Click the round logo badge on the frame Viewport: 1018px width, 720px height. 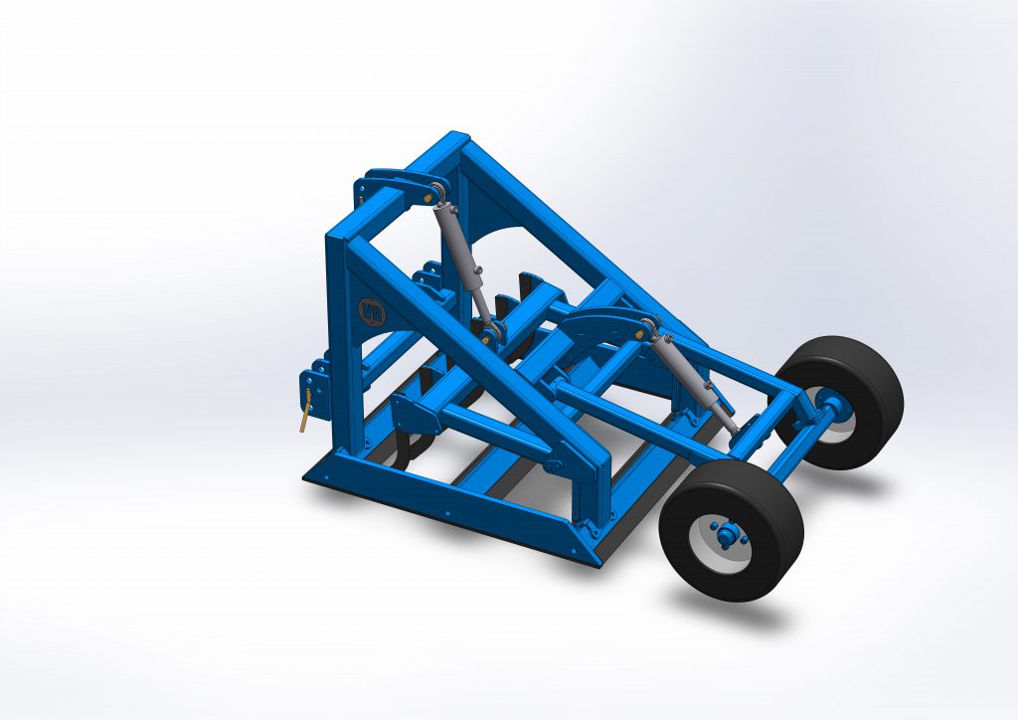point(369,309)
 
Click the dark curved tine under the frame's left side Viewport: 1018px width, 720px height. point(398,452)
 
